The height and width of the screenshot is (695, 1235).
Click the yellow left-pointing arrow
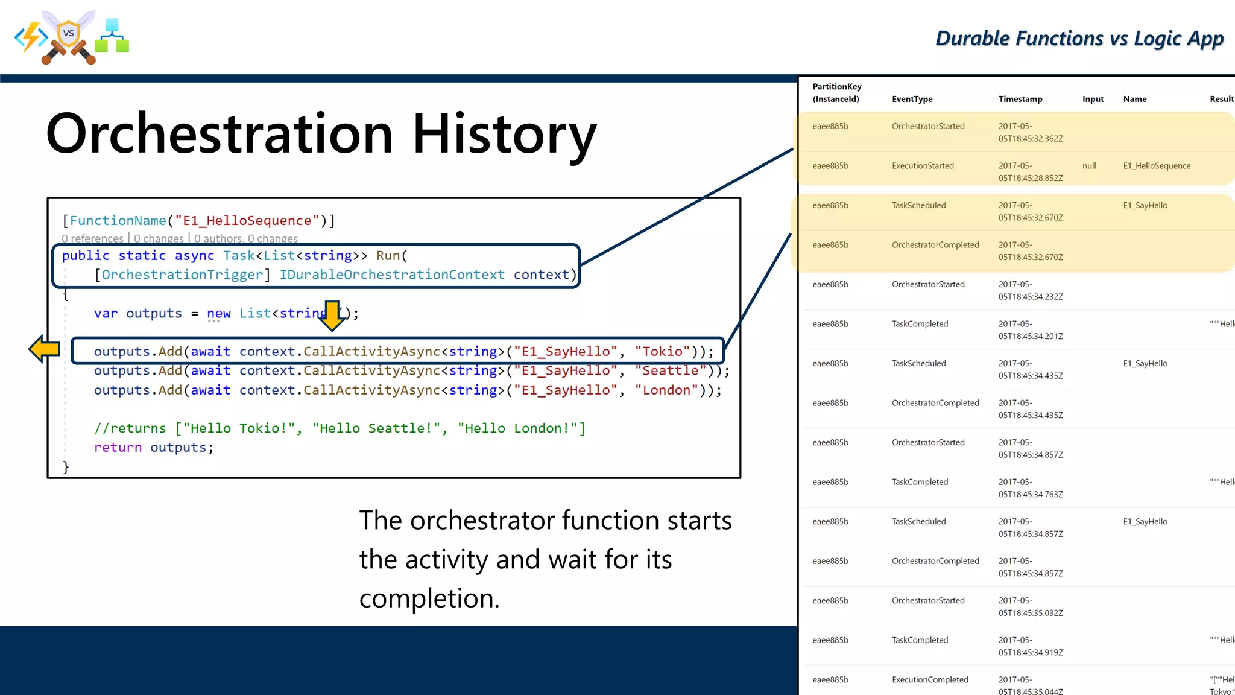click(x=44, y=349)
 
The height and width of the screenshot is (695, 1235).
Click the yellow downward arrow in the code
click(x=332, y=316)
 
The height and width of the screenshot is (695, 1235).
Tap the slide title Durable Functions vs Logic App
click(x=1079, y=39)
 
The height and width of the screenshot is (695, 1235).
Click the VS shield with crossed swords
click(x=69, y=36)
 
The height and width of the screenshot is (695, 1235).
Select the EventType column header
click(x=912, y=99)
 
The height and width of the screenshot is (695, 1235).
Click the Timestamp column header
click(x=1020, y=99)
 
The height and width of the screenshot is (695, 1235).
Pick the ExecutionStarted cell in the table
click(x=923, y=166)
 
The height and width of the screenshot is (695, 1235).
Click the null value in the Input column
click(x=1089, y=166)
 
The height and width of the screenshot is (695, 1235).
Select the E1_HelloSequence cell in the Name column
click(x=1156, y=166)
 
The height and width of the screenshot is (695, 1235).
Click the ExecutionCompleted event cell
click(x=930, y=680)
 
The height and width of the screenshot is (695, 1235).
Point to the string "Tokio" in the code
click(x=662, y=352)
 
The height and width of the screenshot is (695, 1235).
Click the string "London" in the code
click(x=666, y=390)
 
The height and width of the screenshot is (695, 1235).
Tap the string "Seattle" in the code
click(x=669, y=371)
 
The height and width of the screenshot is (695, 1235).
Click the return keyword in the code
click(x=118, y=448)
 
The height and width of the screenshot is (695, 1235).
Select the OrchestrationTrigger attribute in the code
click(x=182, y=275)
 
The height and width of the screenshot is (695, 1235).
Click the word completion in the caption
click(x=429, y=598)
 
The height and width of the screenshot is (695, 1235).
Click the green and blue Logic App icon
click(x=112, y=36)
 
